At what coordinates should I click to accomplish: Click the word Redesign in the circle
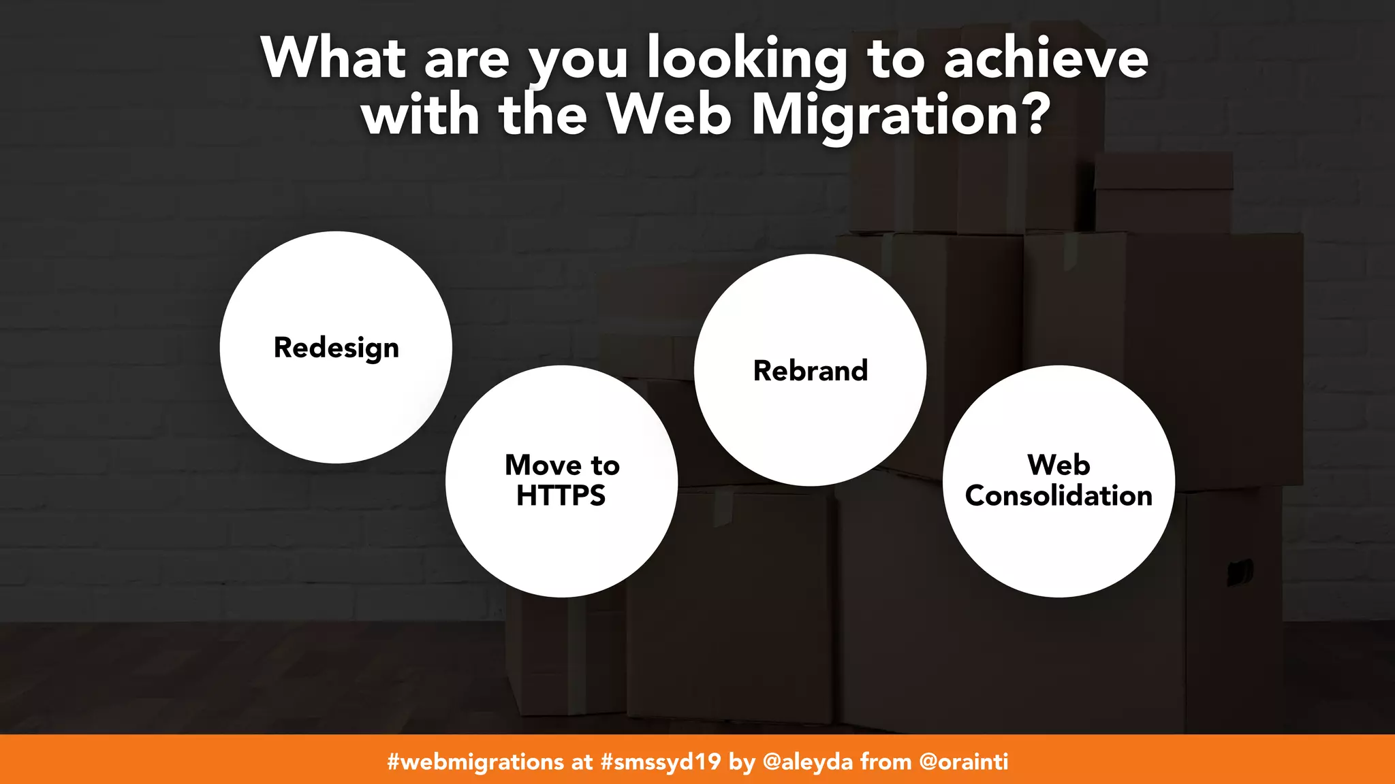pos(336,348)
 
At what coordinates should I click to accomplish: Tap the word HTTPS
pos(561,495)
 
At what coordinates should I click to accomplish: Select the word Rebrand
pos(811,371)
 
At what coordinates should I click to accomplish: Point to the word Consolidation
pos(1059,495)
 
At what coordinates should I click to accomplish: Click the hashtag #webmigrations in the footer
pos(475,761)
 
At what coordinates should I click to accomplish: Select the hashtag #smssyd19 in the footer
pos(661,761)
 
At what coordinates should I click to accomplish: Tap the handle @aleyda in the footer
pos(808,761)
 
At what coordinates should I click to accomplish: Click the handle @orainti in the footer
pos(963,761)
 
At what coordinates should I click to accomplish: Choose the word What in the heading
pos(334,59)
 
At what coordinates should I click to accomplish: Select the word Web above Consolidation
pos(1059,465)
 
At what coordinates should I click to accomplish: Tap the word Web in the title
pos(669,114)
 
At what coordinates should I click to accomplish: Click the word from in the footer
pos(885,761)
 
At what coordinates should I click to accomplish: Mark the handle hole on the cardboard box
pos(1240,571)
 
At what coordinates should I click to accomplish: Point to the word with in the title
pos(421,114)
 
